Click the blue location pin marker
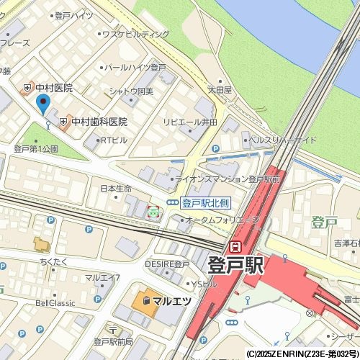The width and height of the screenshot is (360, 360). tap(42, 105)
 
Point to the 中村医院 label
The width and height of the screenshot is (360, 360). tap(53, 88)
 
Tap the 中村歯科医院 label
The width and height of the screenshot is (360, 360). tap(99, 122)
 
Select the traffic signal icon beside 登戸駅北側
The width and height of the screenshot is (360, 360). tap(173, 203)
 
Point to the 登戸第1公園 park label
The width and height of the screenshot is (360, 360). tap(36, 148)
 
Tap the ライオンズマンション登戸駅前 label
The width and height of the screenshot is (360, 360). tap(228, 179)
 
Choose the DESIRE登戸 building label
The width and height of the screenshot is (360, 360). tap(167, 264)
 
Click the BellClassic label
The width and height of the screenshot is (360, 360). tap(55, 303)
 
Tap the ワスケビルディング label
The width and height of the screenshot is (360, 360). tap(135, 34)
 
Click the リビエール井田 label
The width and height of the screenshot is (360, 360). tap(190, 122)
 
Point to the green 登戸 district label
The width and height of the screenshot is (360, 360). tap(325, 222)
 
